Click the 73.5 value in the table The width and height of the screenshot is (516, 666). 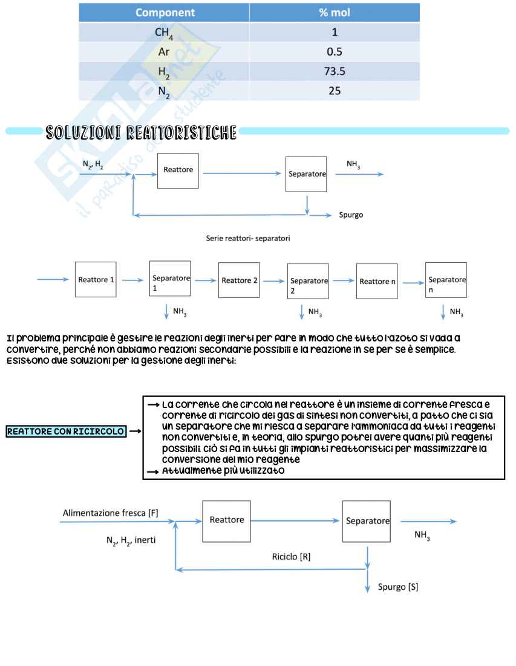335,71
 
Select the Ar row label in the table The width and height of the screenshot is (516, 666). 164,52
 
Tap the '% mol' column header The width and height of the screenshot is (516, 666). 335,13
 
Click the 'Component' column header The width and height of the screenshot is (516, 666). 165,13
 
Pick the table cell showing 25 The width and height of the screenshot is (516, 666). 335,91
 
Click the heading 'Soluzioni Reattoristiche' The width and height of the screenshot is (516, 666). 141,133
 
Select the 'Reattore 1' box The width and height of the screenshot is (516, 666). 96,280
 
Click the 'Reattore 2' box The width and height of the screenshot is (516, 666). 239,280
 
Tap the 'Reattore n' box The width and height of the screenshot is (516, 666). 377,281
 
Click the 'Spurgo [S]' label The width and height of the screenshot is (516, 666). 398,587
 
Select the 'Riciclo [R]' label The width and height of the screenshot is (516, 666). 291,557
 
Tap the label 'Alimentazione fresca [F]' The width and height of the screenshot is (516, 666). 111,513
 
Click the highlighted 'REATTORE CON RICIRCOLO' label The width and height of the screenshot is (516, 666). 66,432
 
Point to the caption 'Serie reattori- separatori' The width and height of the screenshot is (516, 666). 248,238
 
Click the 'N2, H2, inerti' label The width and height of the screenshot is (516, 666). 131,540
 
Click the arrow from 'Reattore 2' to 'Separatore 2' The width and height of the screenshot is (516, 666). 274,280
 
